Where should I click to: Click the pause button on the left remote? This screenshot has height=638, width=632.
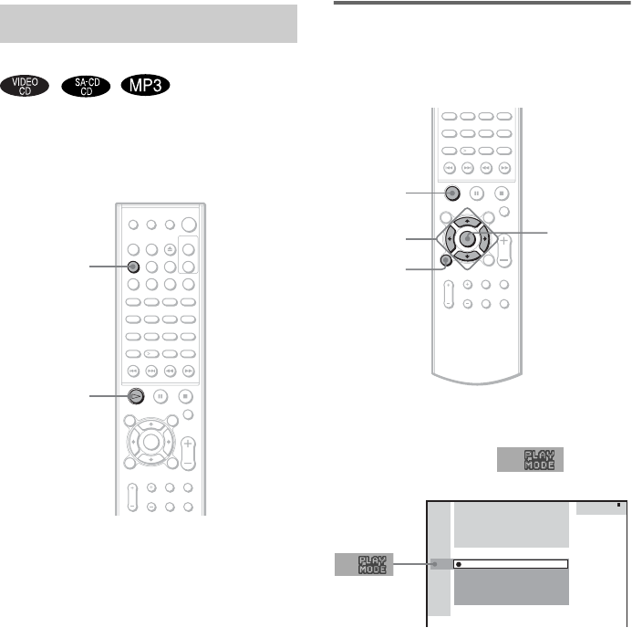(x=161, y=396)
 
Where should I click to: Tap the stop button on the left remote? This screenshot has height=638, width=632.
(x=186, y=396)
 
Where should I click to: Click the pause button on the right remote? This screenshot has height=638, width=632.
(x=475, y=193)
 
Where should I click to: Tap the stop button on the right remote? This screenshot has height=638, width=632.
(x=501, y=193)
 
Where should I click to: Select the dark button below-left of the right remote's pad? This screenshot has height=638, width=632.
(x=444, y=261)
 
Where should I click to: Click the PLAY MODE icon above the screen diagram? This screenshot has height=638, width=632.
(x=531, y=460)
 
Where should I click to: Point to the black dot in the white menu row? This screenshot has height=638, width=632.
(x=459, y=564)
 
